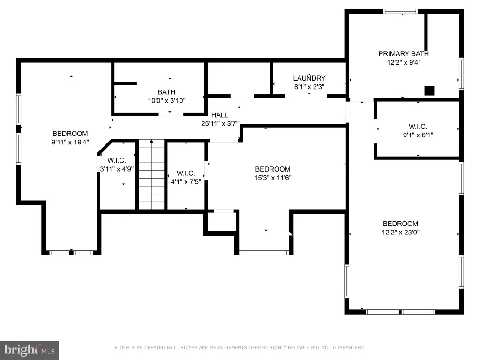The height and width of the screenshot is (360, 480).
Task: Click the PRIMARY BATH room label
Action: [x=404, y=54]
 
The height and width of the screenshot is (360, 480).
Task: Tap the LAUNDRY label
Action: [x=309, y=78]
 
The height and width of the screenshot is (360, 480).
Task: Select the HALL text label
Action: [x=220, y=115]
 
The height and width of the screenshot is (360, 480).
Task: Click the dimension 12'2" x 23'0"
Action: [x=400, y=232]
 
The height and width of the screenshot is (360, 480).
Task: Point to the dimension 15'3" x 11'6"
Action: [x=273, y=178]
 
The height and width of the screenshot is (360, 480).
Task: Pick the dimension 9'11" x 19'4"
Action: [x=70, y=142]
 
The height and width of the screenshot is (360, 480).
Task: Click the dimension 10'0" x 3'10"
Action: [x=166, y=101]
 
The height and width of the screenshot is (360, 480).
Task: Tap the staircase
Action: [x=151, y=174]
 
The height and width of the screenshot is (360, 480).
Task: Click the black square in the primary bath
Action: [x=429, y=91]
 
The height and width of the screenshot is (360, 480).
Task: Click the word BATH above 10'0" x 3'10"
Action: [x=166, y=92]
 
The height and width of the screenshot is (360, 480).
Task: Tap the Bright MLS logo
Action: [x=29, y=350]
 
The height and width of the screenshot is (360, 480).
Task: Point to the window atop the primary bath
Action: [x=400, y=12]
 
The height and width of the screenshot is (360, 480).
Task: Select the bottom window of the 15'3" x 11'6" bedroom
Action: [x=264, y=253]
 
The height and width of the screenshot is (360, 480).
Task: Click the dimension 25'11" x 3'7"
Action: [x=220, y=124]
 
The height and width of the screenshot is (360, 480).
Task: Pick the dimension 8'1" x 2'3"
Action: [x=309, y=87]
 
